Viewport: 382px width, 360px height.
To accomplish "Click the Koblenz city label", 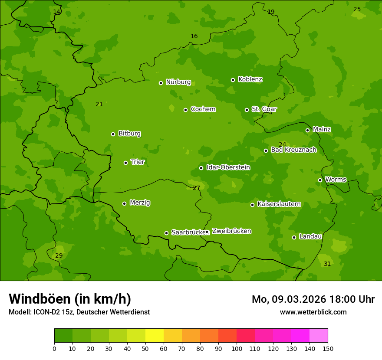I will click(250, 79).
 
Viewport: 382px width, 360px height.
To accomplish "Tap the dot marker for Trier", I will click(126, 163).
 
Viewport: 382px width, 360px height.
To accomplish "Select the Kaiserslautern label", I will click(279, 204).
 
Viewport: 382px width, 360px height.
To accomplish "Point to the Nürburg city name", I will click(178, 82).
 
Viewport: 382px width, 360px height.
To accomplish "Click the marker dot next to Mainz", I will click(307, 130).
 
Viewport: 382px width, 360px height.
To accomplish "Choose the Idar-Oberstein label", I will click(228, 167).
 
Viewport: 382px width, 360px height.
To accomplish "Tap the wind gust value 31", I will click(327, 264).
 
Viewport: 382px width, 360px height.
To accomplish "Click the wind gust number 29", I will click(59, 256).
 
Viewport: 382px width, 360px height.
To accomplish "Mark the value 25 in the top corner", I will click(357, 9).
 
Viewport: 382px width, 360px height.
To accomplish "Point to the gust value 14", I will click(56, 12).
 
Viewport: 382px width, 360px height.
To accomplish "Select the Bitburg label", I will click(129, 134).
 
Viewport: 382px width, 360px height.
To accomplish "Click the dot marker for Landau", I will click(294, 237).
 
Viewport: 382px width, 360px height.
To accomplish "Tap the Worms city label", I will click(336, 179).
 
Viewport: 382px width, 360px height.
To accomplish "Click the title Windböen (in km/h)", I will click(70, 299).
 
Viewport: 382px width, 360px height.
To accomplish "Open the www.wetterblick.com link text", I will click(313, 312).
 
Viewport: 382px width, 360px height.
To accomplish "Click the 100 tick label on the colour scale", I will click(237, 349).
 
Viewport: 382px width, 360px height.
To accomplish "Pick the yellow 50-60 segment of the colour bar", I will click(155, 336).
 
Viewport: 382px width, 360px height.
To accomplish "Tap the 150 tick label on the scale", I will click(328, 349).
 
